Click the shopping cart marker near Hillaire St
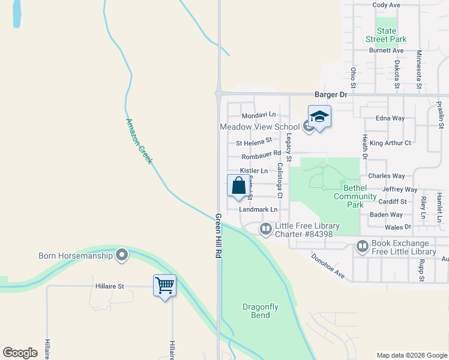pos(164,286)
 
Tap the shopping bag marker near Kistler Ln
pos(238,185)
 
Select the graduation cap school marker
pos(319,116)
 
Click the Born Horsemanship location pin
pos(122,255)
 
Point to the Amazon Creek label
pos(139,141)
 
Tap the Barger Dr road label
pos(331,95)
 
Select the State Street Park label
pos(387,35)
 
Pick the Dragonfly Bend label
pos(260,311)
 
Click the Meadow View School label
pos(259,127)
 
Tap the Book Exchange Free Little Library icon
pos(363,247)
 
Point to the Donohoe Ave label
pos(328,266)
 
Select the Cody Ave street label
pos(386,5)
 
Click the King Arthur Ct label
pos(390,143)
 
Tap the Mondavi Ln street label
pos(258,115)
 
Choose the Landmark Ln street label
pos(258,209)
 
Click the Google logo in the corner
pos(20,353)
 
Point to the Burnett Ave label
pos(386,50)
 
